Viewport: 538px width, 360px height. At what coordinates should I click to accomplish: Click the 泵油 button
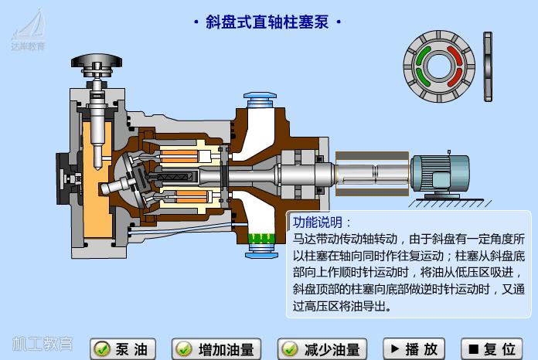123,349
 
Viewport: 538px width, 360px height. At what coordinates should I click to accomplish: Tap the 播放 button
415,349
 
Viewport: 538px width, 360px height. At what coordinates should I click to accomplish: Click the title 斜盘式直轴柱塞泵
267,22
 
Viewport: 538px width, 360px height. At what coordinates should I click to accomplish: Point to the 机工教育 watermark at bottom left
43,344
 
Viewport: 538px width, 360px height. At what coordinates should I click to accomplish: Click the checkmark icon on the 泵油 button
101,349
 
